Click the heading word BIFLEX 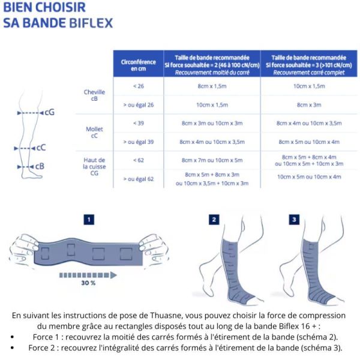click(x=91, y=23)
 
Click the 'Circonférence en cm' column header click(x=137, y=65)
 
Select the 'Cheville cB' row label click(x=94, y=95)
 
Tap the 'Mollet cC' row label click(x=94, y=132)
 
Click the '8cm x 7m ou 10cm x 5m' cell click(x=211, y=160)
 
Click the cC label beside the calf click(x=41, y=147)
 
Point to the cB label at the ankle click(x=39, y=166)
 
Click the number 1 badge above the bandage click(x=89, y=220)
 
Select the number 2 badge click(x=214, y=220)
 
